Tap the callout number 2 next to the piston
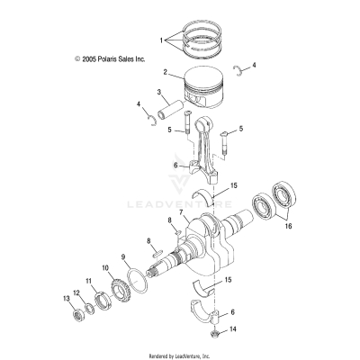click(166, 71)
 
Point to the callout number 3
click(159, 92)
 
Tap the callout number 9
click(122, 257)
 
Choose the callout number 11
click(88, 282)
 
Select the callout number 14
click(236, 330)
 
